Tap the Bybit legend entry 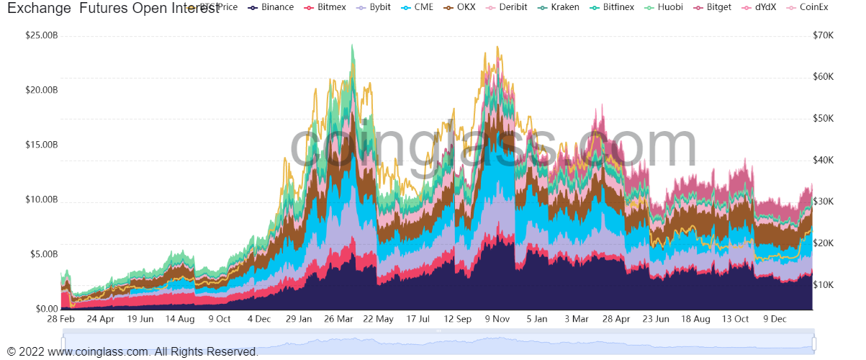pos(386,7)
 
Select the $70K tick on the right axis pos(823,35)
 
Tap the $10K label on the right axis pos(823,284)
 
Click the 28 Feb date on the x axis pos(61,319)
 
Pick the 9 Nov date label pos(497,319)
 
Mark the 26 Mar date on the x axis pos(338,319)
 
